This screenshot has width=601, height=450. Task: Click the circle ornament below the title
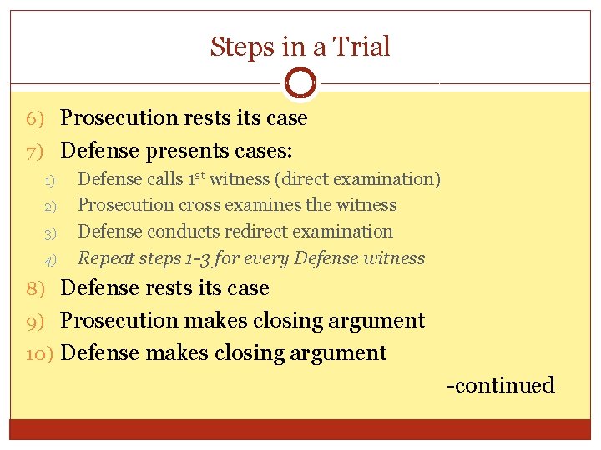300,82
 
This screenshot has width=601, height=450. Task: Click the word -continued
501,385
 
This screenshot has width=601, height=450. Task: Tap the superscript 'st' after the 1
200,175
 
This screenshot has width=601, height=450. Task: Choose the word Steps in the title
243,47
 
